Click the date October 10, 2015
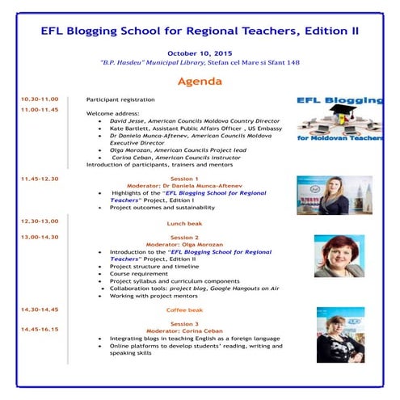tap(200, 53)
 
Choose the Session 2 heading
tap(185, 237)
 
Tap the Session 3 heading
tap(185, 322)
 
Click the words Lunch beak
tap(185, 221)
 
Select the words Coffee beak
tap(185, 309)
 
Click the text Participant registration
tap(120, 99)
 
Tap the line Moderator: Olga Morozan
tap(185, 244)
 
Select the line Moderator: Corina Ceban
tap(185, 330)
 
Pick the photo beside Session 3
tap(339, 335)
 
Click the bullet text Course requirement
tap(136, 273)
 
